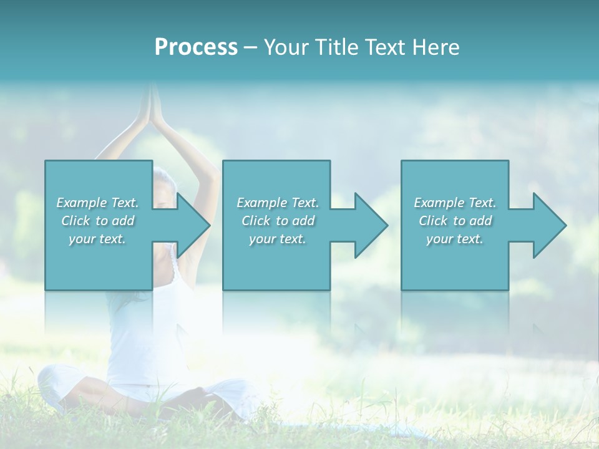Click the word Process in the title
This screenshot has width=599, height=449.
(196, 47)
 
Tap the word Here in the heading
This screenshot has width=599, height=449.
(436, 47)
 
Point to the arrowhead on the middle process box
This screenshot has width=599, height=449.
(370, 225)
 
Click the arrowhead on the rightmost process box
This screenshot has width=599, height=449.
(548, 225)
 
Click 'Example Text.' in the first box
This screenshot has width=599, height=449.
(98, 203)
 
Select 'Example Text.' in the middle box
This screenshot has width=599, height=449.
(278, 203)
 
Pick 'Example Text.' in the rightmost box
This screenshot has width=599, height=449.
(455, 203)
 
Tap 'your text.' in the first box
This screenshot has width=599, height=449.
(98, 239)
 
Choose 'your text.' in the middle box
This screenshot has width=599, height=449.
(278, 239)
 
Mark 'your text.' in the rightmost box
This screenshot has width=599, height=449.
(455, 239)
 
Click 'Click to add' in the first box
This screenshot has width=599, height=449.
(98, 221)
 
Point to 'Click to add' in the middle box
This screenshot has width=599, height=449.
(278, 221)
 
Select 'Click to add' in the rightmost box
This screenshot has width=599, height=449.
(455, 221)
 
